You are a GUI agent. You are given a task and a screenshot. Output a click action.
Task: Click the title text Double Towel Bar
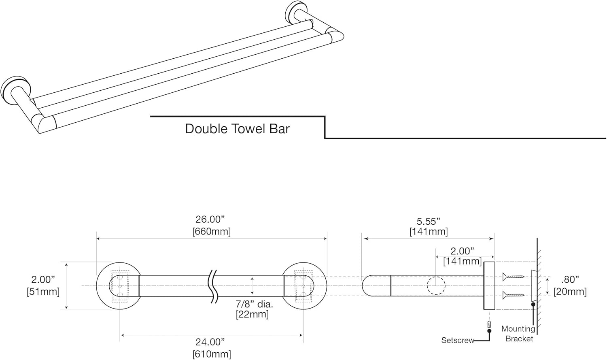(x=237, y=129)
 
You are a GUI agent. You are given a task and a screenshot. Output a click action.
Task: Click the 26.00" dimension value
(x=210, y=219)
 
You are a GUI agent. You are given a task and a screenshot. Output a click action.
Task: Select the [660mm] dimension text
(x=211, y=232)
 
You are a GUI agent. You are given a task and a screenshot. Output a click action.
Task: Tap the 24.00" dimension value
(x=210, y=342)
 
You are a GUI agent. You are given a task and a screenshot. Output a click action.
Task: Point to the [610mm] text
(x=212, y=354)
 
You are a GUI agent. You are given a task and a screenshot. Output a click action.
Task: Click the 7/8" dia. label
(x=254, y=304)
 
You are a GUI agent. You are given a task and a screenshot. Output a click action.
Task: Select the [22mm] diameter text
(x=252, y=314)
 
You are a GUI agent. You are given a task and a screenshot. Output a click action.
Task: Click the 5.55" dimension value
(x=429, y=222)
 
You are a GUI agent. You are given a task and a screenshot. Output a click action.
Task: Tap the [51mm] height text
(x=43, y=292)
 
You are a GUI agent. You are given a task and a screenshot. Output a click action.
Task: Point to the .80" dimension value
(x=570, y=279)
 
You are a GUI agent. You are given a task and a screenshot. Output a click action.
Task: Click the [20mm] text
(x=570, y=292)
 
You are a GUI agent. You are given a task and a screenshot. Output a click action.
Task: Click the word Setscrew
(x=457, y=341)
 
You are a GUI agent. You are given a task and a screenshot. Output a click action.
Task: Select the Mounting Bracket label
(x=518, y=334)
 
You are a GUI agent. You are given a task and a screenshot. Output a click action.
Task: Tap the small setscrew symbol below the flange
(x=489, y=324)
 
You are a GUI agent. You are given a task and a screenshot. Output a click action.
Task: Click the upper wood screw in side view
(x=513, y=277)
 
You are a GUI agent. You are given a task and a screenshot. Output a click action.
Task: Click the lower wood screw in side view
(x=513, y=295)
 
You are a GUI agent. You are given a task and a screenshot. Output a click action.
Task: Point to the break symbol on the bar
(x=213, y=286)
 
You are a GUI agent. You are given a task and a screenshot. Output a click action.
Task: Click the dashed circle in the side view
(x=436, y=286)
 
